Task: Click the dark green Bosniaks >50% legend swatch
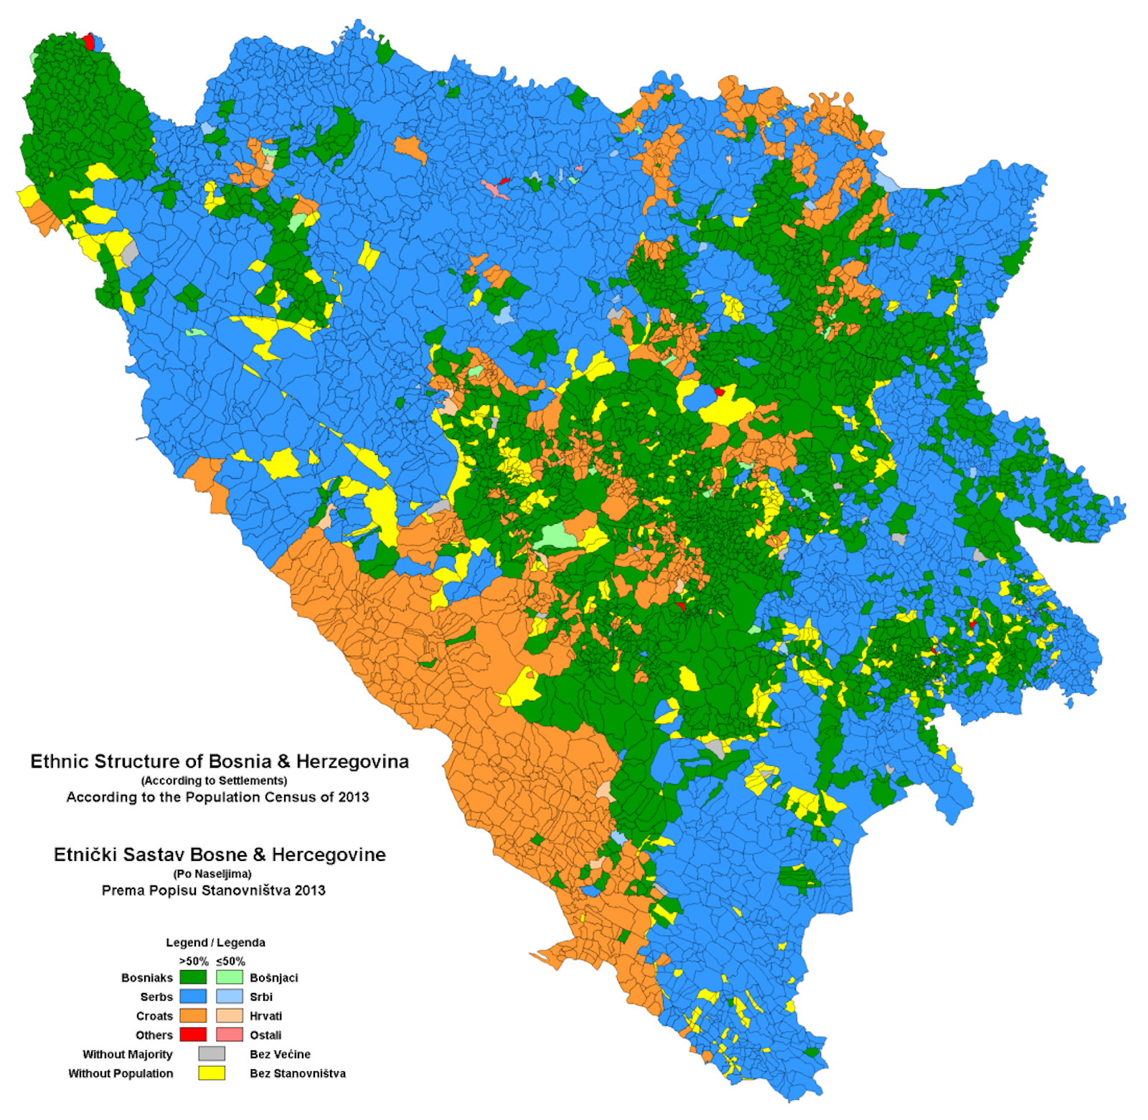point(192,977)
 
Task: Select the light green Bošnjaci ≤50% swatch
point(230,977)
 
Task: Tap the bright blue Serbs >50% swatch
point(192,997)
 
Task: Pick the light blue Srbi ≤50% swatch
point(230,997)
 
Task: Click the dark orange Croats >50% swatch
point(192,1016)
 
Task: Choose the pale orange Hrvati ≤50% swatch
point(230,1016)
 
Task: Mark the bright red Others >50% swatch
point(192,1035)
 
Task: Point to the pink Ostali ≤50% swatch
point(230,1035)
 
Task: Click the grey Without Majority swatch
point(212,1054)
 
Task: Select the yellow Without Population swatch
point(212,1073)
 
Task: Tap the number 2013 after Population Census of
point(353,797)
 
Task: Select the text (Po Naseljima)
point(212,874)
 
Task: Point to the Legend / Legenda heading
point(215,943)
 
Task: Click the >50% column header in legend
point(194,961)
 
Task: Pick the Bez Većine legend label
point(280,1054)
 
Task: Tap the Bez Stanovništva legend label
point(297,1073)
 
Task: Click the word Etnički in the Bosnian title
point(85,855)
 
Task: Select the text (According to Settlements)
point(214,781)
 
